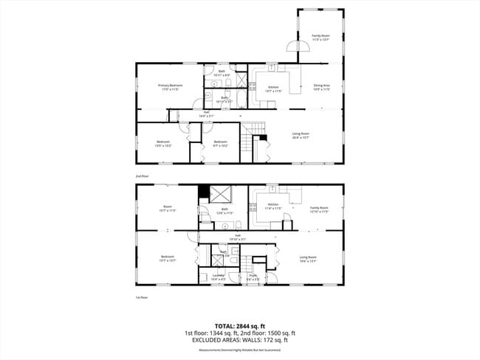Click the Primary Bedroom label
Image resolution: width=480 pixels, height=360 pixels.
click(x=170, y=87)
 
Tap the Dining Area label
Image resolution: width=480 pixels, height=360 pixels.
click(x=321, y=87)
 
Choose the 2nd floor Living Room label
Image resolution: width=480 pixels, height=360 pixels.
click(x=301, y=135)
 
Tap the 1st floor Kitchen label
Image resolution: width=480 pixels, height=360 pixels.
click(x=274, y=206)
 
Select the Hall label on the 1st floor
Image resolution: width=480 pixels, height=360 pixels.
click(x=238, y=238)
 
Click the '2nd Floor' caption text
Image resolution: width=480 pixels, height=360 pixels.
click(x=142, y=176)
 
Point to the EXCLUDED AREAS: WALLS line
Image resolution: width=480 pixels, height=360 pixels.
click(x=240, y=340)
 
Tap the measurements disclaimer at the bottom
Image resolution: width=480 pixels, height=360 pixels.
click(x=240, y=350)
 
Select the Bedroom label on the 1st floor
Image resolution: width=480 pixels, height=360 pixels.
click(x=168, y=258)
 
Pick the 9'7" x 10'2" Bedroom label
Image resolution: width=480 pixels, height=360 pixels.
click(x=221, y=143)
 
